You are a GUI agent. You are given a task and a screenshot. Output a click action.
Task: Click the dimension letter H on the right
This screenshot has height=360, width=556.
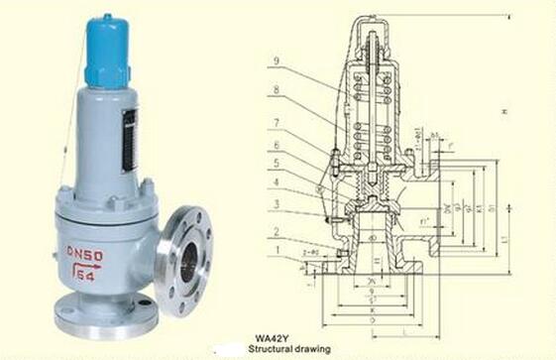pos(504,111)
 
